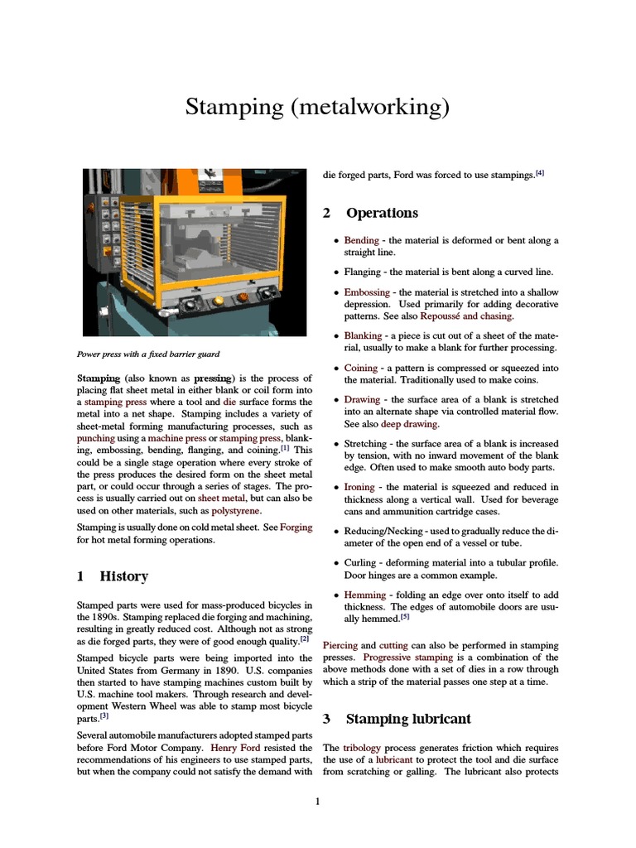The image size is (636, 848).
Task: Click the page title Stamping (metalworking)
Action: coord(317,106)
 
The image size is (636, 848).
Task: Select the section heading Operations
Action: coord(382,213)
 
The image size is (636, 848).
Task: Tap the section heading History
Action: coord(123,576)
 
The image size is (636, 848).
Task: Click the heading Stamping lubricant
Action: coord(407,718)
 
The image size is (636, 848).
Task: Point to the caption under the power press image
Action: coord(147,354)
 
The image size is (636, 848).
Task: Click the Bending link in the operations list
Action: coord(361,240)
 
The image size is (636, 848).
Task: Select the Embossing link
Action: coord(367,292)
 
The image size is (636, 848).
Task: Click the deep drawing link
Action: coord(409,424)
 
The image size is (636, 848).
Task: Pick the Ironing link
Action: coord(359,487)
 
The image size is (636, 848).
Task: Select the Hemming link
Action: coord(365,595)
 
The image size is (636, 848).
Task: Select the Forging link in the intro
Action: coord(296,527)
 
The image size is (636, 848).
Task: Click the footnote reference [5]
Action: coord(405,617)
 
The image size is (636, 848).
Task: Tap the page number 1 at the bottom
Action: coord(317,801)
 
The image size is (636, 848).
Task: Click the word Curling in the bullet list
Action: coord(363,563)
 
